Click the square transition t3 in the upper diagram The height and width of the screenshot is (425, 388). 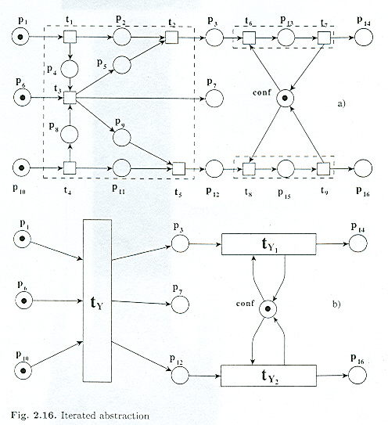click(x=70, y=98)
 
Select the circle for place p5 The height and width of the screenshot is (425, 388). click(x=122, y=65)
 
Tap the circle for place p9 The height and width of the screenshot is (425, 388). click(x=122, y=138)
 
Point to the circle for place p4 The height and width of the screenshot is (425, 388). click(x=70, y=69)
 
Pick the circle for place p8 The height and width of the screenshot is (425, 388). click(x=69, y=135)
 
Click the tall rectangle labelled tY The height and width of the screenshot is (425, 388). click(x=97, y=301)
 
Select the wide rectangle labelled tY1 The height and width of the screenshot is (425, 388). click(x=269, y=244)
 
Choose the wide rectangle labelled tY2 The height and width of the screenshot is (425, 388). click(x=268, y=376)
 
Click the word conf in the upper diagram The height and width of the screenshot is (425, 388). click(x=262, y=92)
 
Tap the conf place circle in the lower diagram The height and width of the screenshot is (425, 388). click(x=268, y=308)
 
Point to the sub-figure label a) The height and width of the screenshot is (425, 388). click(x=341, y=103)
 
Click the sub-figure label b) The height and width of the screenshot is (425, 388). click(x=336, y=304)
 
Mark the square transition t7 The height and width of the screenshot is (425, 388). click(x=324, y=38)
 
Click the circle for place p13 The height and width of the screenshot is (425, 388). click(x=286, y=37)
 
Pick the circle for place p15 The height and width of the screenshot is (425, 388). click(x=286, y=168)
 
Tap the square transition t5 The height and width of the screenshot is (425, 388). click(x=178, y=168)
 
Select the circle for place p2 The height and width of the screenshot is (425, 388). click(x=122, y=37)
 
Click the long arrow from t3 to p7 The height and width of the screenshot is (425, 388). click(x=140, y=99)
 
